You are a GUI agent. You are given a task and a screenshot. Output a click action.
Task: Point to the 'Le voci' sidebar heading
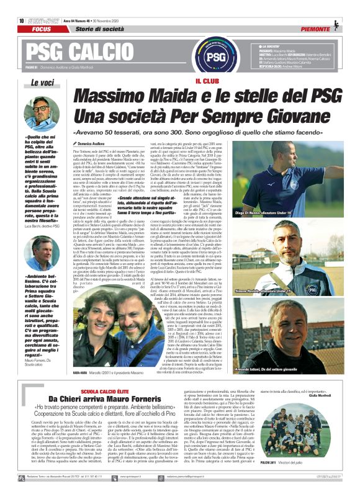[x=42, y=82]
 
